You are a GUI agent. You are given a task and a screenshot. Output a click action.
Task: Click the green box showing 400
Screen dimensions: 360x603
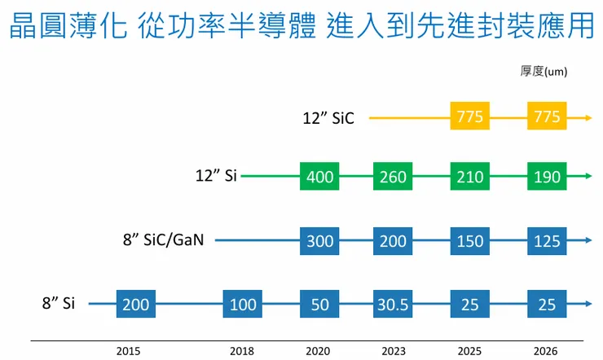pos(320,176)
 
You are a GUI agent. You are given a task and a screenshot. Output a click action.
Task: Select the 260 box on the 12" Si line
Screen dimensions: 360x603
pos(394,176)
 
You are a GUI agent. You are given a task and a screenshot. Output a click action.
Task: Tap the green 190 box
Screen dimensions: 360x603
pos(547,176)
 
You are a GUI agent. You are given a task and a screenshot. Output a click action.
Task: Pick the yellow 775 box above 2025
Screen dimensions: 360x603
pos(470,117)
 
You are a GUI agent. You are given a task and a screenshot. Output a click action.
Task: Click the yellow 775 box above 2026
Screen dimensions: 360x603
pos(547,117)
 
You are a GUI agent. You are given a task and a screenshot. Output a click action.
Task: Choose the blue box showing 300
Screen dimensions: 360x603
pos(320,240)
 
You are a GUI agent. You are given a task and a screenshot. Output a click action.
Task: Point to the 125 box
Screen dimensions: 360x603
pos(547,240)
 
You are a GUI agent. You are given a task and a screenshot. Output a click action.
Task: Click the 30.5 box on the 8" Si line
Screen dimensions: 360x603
pos(394,305)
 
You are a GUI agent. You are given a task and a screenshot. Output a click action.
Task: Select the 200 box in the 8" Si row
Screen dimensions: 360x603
pos(136,305)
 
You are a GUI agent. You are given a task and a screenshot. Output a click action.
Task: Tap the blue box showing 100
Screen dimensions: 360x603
pos(244,305)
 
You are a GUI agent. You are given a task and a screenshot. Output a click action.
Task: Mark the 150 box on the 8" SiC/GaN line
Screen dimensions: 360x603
pos(470,240)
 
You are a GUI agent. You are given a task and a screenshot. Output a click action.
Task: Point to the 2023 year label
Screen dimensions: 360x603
pos(394,351)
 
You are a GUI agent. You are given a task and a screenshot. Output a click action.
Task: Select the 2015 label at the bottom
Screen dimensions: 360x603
pos(128,351)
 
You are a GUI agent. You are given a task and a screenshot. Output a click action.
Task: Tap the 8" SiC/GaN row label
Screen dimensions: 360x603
pos(163,240)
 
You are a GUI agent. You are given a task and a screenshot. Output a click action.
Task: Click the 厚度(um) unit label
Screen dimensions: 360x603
pos(544,72)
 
